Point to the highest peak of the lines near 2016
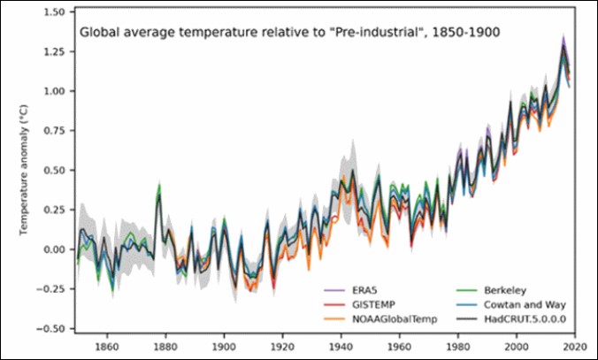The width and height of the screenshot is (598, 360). pyautogui.click(x=563, y=40)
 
